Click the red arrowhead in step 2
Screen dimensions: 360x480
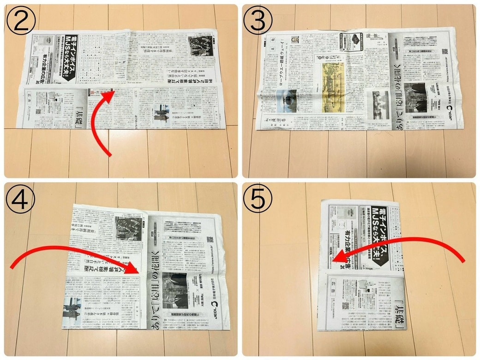click(x=110, y=96)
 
